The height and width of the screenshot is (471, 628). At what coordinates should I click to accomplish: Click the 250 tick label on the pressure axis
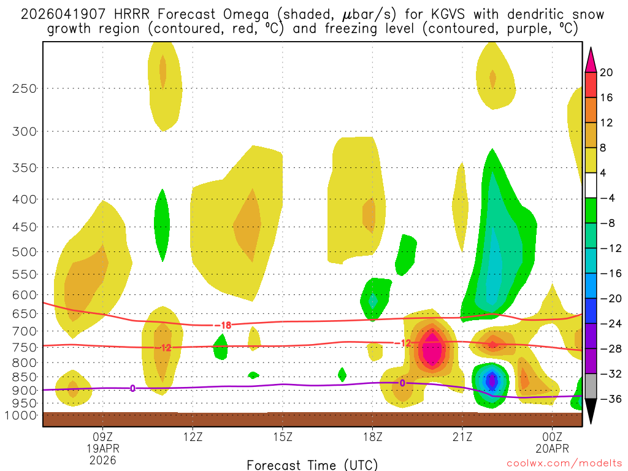(25, 88)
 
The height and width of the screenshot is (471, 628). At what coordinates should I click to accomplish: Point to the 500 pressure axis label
(25, 251)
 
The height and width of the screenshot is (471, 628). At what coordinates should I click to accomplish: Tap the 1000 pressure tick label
(22, 415)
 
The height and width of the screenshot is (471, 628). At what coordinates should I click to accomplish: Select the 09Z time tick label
(102, 437)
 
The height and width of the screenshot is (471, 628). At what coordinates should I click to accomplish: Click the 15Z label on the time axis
(282, 437)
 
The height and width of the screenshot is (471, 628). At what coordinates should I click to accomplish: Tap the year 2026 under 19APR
(102, 459)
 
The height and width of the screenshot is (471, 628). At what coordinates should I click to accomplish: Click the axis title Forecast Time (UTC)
(312, 464)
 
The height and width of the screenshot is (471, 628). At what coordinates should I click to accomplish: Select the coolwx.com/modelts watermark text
(564, 464)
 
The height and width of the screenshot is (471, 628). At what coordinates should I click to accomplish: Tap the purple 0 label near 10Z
(132, 388)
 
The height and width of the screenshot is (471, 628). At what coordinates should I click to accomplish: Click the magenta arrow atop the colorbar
(591, 59)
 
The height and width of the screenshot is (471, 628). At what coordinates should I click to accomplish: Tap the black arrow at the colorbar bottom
(591, 411)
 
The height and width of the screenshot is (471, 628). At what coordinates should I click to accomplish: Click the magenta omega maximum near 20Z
(432, 350)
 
